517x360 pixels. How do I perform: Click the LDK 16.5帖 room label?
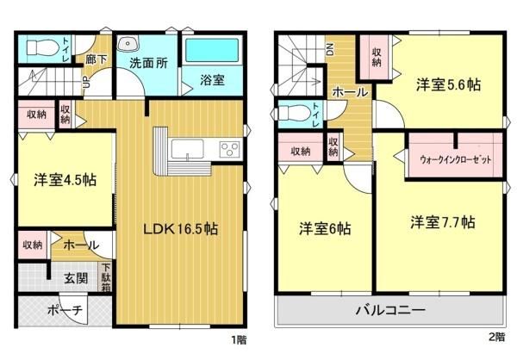(180, 228)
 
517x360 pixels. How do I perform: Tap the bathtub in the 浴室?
(212, 51)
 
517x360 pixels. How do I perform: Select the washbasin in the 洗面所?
(128, 44)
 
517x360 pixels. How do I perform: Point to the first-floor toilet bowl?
(41, 48)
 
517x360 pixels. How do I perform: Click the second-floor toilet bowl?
(295, 113)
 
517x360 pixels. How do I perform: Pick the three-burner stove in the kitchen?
(229, 146)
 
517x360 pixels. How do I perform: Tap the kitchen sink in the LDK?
(187, 149)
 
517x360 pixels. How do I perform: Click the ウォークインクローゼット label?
(455, 159)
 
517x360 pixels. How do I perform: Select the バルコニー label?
(390, 310)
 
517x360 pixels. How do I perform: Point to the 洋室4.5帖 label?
(65, 180)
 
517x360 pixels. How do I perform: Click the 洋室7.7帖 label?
(443, 222)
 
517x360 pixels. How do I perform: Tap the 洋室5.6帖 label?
(448, 84)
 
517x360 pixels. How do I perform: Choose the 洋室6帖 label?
(325, 228)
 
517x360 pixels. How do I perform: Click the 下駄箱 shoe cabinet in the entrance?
(105, 277)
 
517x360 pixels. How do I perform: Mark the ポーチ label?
(65, 310)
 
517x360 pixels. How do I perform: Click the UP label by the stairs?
(86, 82)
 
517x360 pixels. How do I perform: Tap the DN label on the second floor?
(330, 49)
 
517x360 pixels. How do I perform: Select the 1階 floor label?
(239, 339)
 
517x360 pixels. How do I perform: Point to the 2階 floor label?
(497, 337)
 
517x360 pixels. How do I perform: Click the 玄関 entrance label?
(76, 278)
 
